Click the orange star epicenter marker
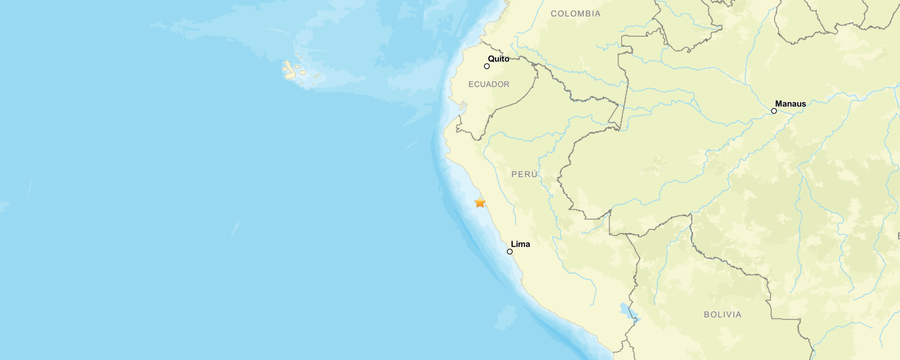[x=480, y=202]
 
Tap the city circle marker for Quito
[x=487, y=66]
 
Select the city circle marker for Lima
[x=510, y=252]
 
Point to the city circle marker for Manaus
[x=774, y=111]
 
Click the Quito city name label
[x=499, y=59]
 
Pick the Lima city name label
[x=521, y=244]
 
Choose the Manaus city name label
[x=790, y=104]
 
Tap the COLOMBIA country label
[x=575, y=14]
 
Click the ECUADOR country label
[x=489, y=84]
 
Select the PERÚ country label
[x=524, y=174]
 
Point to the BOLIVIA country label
[x=723, y=315]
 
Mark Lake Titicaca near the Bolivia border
[x=628, y=312]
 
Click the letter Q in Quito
[x=491, y=59]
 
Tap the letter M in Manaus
[x=779, y=104]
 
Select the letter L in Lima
[x=513, y=244]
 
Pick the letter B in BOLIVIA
[x=707, y=315]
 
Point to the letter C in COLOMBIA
[x=553, y=14]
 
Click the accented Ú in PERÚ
[x=534, y=174]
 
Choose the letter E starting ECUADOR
[x=471, y=84]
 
